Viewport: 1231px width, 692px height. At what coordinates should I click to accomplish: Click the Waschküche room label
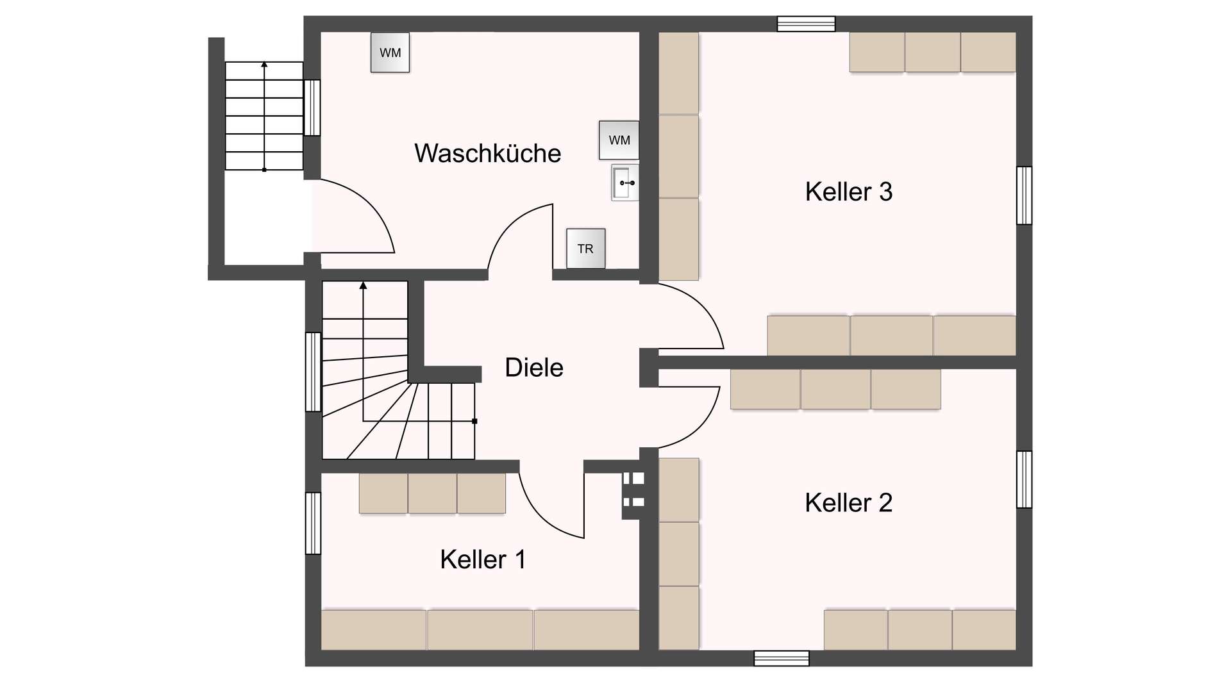point(487,154)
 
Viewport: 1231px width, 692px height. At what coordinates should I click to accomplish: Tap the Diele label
point(533,368)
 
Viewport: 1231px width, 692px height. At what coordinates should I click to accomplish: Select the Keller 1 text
point(482,560)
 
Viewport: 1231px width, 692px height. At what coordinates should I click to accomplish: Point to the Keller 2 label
point(848,503)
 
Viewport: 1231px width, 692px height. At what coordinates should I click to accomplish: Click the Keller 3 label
point(848,192)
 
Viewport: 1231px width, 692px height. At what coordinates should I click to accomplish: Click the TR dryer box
point(585,249)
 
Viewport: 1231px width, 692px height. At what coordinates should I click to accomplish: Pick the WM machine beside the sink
point(619,140)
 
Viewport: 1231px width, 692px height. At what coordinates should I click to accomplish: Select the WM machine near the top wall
point(390,53)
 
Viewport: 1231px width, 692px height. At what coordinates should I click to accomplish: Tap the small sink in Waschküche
point(624,183)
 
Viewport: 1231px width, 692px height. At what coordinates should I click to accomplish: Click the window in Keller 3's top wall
point(806,24)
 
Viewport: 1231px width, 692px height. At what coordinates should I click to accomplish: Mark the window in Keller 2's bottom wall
point(781,658)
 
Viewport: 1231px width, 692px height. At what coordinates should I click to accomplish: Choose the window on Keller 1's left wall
point(313,523)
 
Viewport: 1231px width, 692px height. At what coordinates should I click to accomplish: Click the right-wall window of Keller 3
point(1024,195)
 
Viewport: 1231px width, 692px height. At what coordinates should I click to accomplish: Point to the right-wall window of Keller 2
point(1024,479)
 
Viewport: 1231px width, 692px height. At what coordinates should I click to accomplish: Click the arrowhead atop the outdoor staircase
point(264,64)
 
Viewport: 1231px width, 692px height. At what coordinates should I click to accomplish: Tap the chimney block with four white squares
point(633,490)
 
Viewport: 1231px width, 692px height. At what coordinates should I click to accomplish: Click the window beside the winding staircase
point(313,372)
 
